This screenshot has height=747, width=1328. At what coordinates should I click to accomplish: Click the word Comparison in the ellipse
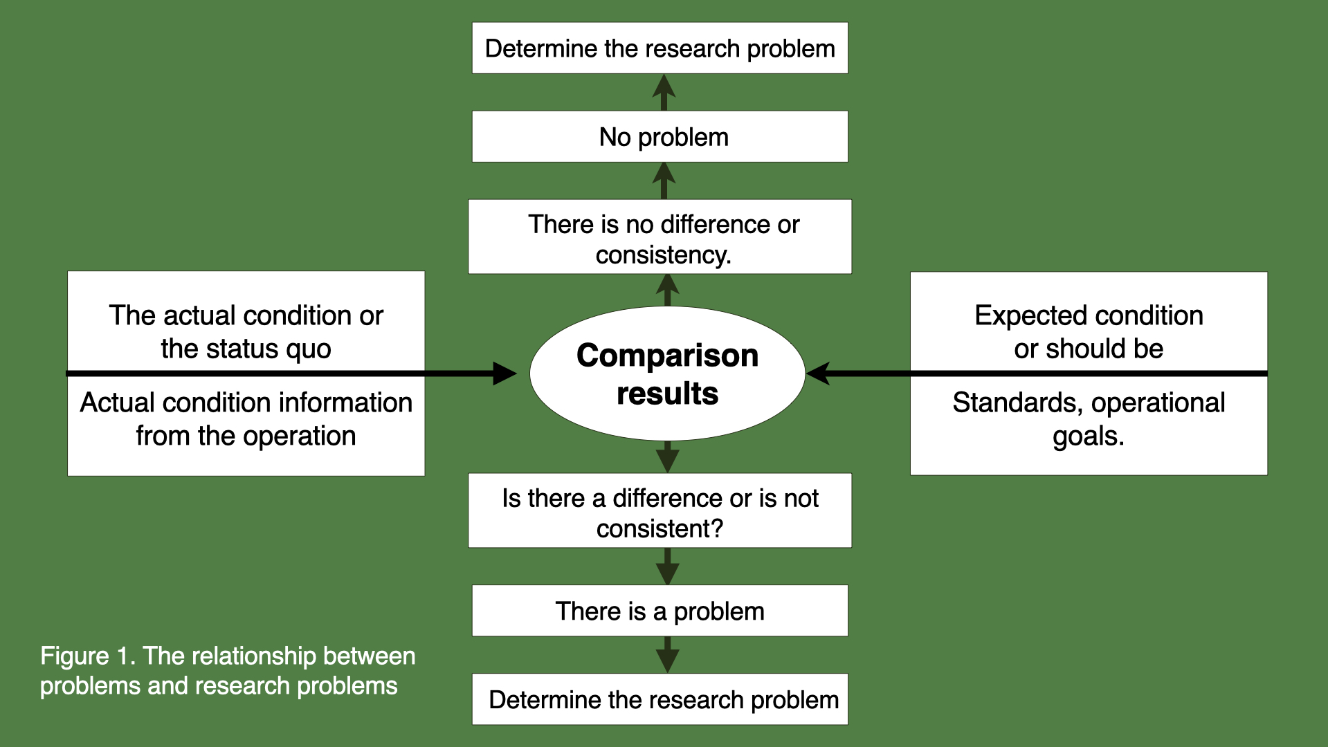click(x=667, y=356)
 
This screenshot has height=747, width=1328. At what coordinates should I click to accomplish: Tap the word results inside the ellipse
click(x=667, y=394)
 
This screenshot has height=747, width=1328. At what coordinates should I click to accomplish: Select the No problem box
click(x=660, y=136)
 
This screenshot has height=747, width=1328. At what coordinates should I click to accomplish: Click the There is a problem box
click(x=660, y=611)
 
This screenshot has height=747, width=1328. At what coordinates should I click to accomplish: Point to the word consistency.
click(x=663, y=255)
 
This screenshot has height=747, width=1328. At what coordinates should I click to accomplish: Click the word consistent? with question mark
click(x=660, y=528)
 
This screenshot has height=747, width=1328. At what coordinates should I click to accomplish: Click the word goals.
click(x=1088, y=436)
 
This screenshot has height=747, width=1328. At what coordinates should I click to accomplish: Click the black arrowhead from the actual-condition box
click(x=504, y=373)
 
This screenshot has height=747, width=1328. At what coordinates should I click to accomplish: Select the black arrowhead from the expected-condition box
click(x=819, y=373)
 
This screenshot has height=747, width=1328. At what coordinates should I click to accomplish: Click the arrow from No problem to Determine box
click(x=664, y=92)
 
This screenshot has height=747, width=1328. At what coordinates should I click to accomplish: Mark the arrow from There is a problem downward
click(x=667, y=655)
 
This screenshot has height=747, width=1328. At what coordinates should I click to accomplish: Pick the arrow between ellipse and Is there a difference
click(x=667, y=456)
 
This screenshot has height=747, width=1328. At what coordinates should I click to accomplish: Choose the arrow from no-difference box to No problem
click(x=664, y=181)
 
